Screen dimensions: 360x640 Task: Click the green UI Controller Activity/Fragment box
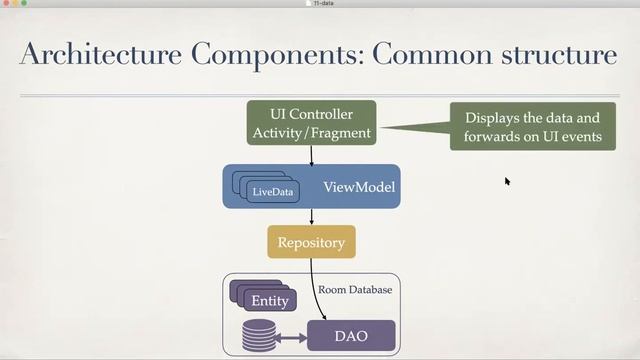point(311,123)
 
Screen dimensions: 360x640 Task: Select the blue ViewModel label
point(359,187)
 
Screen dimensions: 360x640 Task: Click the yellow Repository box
point(311,242)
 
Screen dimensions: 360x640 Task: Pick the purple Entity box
point(269,300)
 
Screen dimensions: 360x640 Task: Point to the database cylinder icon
point(257,336)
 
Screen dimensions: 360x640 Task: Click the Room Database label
point(355,290)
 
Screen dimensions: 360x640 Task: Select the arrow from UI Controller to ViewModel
point(311,155)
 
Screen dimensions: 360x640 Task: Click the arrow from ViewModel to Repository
point(311,216)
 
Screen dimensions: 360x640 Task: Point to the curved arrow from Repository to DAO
point(318,290)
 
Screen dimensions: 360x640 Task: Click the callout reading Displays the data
point(532,126)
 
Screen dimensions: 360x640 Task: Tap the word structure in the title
point(556,55)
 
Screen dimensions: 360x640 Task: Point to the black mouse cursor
point(507,181)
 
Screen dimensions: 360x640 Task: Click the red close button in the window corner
point(6,4)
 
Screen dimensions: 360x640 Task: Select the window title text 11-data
point(321,4)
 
